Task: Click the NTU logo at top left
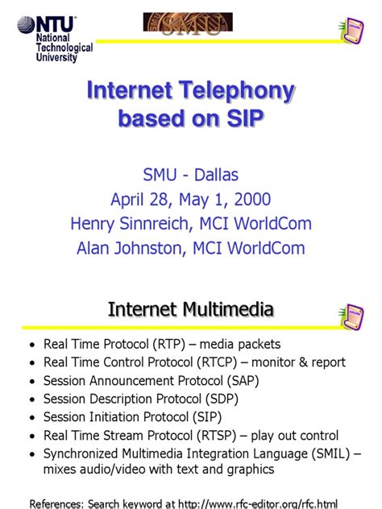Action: (x=46, y=24)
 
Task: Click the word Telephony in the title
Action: (x=242, y=92)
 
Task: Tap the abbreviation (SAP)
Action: (x=239, y=380)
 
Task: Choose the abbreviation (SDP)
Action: (x=223, y=398)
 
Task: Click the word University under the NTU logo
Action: (x=56, y=58)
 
